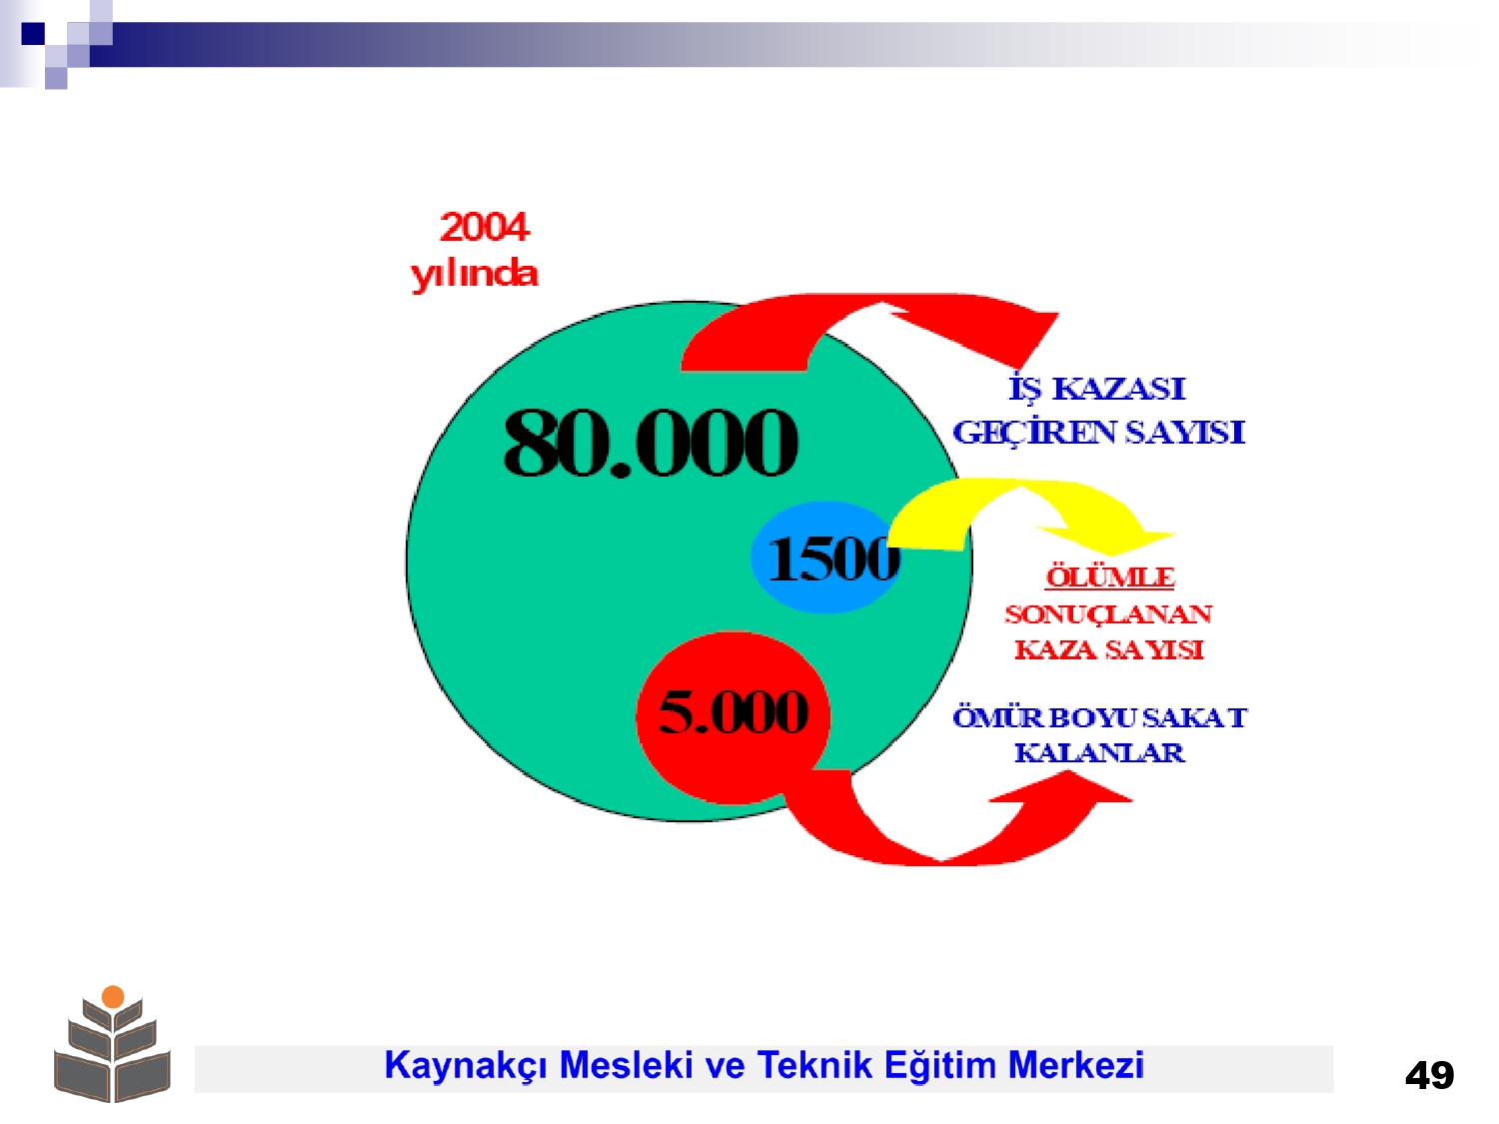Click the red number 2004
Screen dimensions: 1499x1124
(485, 227)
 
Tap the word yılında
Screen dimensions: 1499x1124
(474, 275)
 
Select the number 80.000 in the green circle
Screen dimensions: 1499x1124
(651, 442)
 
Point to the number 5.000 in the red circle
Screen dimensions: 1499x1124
(734, 711)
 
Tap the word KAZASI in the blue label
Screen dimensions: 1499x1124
(1118, 389)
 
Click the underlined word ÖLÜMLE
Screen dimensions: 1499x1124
(1109, 577)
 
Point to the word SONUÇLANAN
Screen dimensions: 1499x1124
(1108, 614)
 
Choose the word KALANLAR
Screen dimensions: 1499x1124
(1099, 752)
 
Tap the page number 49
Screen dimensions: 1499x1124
(1429, 1076)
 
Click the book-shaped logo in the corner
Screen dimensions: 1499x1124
(112, 1044)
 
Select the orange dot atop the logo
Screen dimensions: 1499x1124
(113, 997)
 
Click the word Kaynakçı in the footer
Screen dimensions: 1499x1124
(466, 1066)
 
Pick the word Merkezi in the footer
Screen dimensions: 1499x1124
(1075, 1065)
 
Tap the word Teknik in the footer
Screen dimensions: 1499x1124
(814, 1065)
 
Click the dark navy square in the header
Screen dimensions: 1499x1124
(33, 33)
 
